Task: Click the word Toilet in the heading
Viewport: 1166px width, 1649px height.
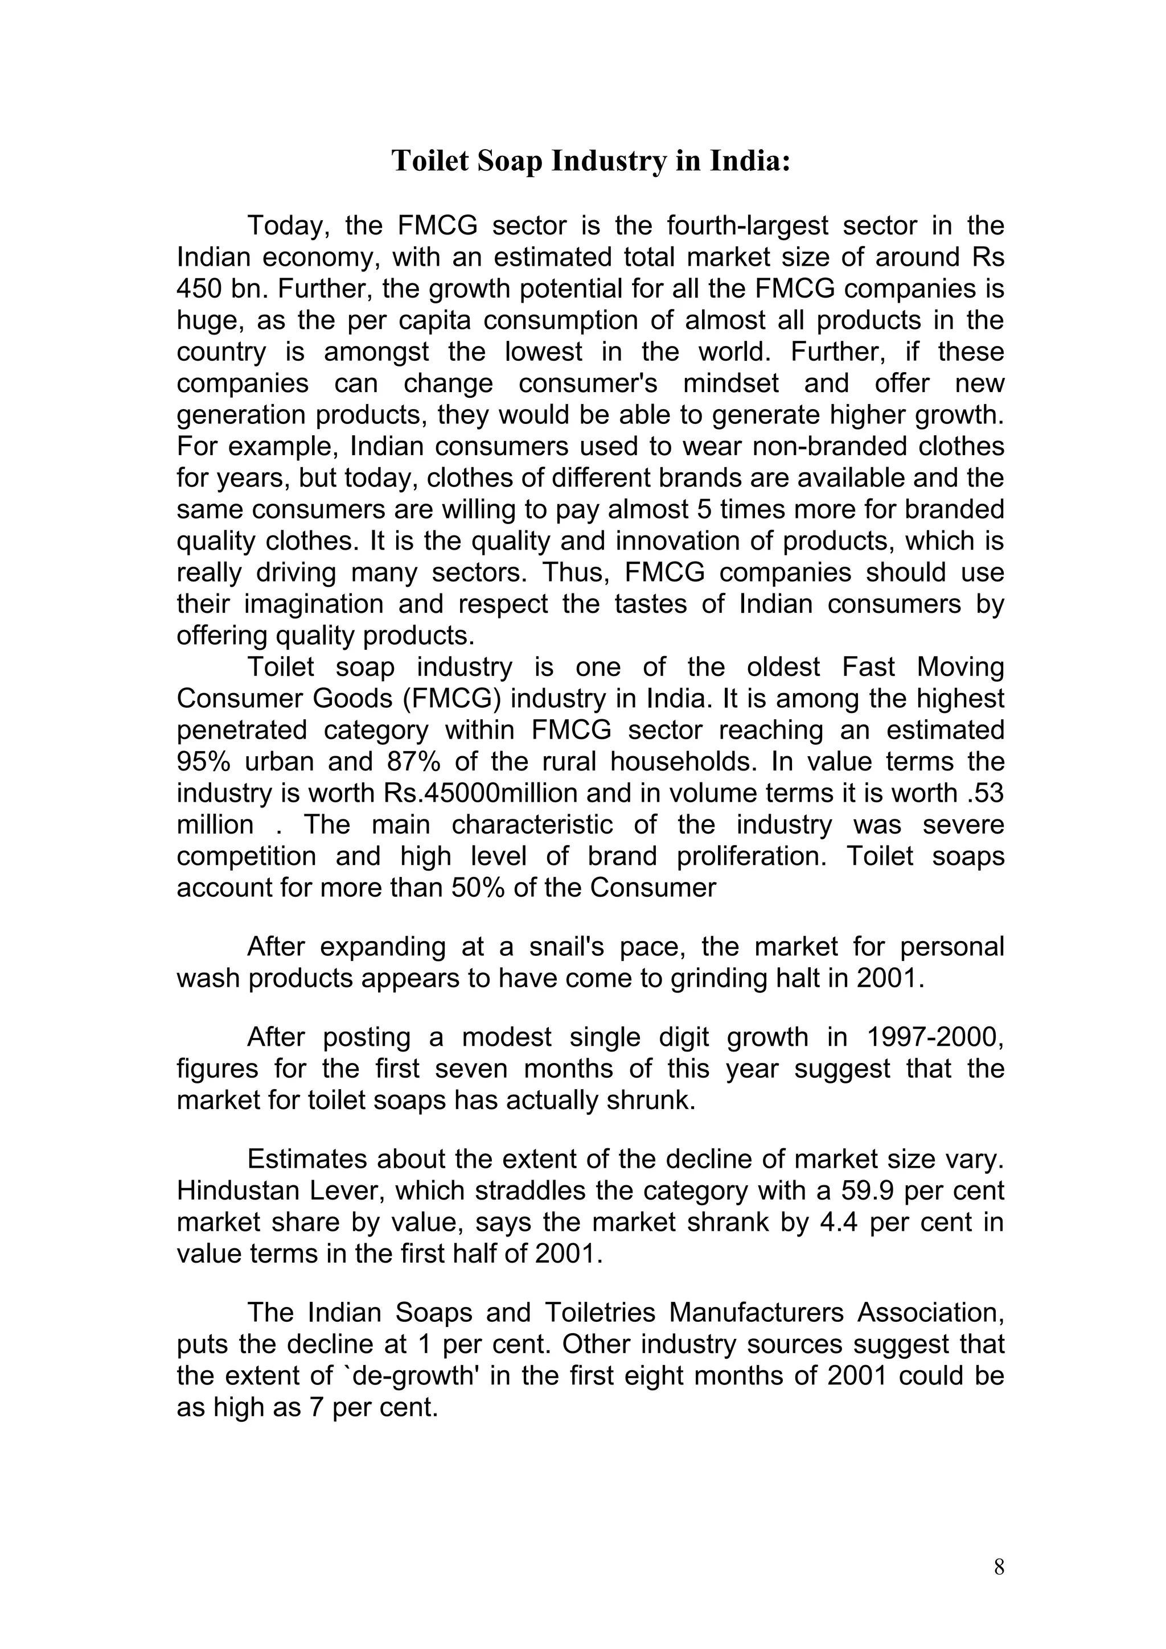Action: (x=431, y=161)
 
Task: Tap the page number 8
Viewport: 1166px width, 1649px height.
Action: (x=999, y=1566)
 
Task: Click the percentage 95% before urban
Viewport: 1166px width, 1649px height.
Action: (x=203, y=762)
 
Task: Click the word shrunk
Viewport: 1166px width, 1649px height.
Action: (x=652, y=1101)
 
